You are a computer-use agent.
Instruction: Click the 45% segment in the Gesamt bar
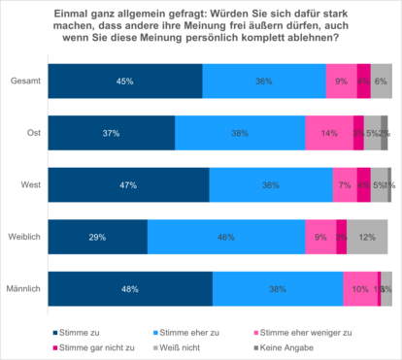124,82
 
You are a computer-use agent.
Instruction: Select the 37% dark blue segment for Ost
111,133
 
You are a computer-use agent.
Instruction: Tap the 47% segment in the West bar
128,185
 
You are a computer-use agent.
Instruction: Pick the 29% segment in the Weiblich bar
97,237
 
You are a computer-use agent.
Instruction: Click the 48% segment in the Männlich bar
130,288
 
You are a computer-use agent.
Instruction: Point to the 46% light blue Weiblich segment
226,237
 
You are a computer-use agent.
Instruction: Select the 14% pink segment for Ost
328,133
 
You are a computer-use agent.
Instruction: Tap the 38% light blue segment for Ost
240,133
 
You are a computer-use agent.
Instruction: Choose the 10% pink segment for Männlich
360,288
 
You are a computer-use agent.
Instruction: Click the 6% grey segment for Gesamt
382,82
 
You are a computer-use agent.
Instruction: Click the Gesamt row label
24,82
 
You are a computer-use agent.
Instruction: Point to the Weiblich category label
23,237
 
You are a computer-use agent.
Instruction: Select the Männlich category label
22,288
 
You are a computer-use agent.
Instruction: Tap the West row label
30,185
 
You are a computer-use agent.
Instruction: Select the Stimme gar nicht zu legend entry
79,346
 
